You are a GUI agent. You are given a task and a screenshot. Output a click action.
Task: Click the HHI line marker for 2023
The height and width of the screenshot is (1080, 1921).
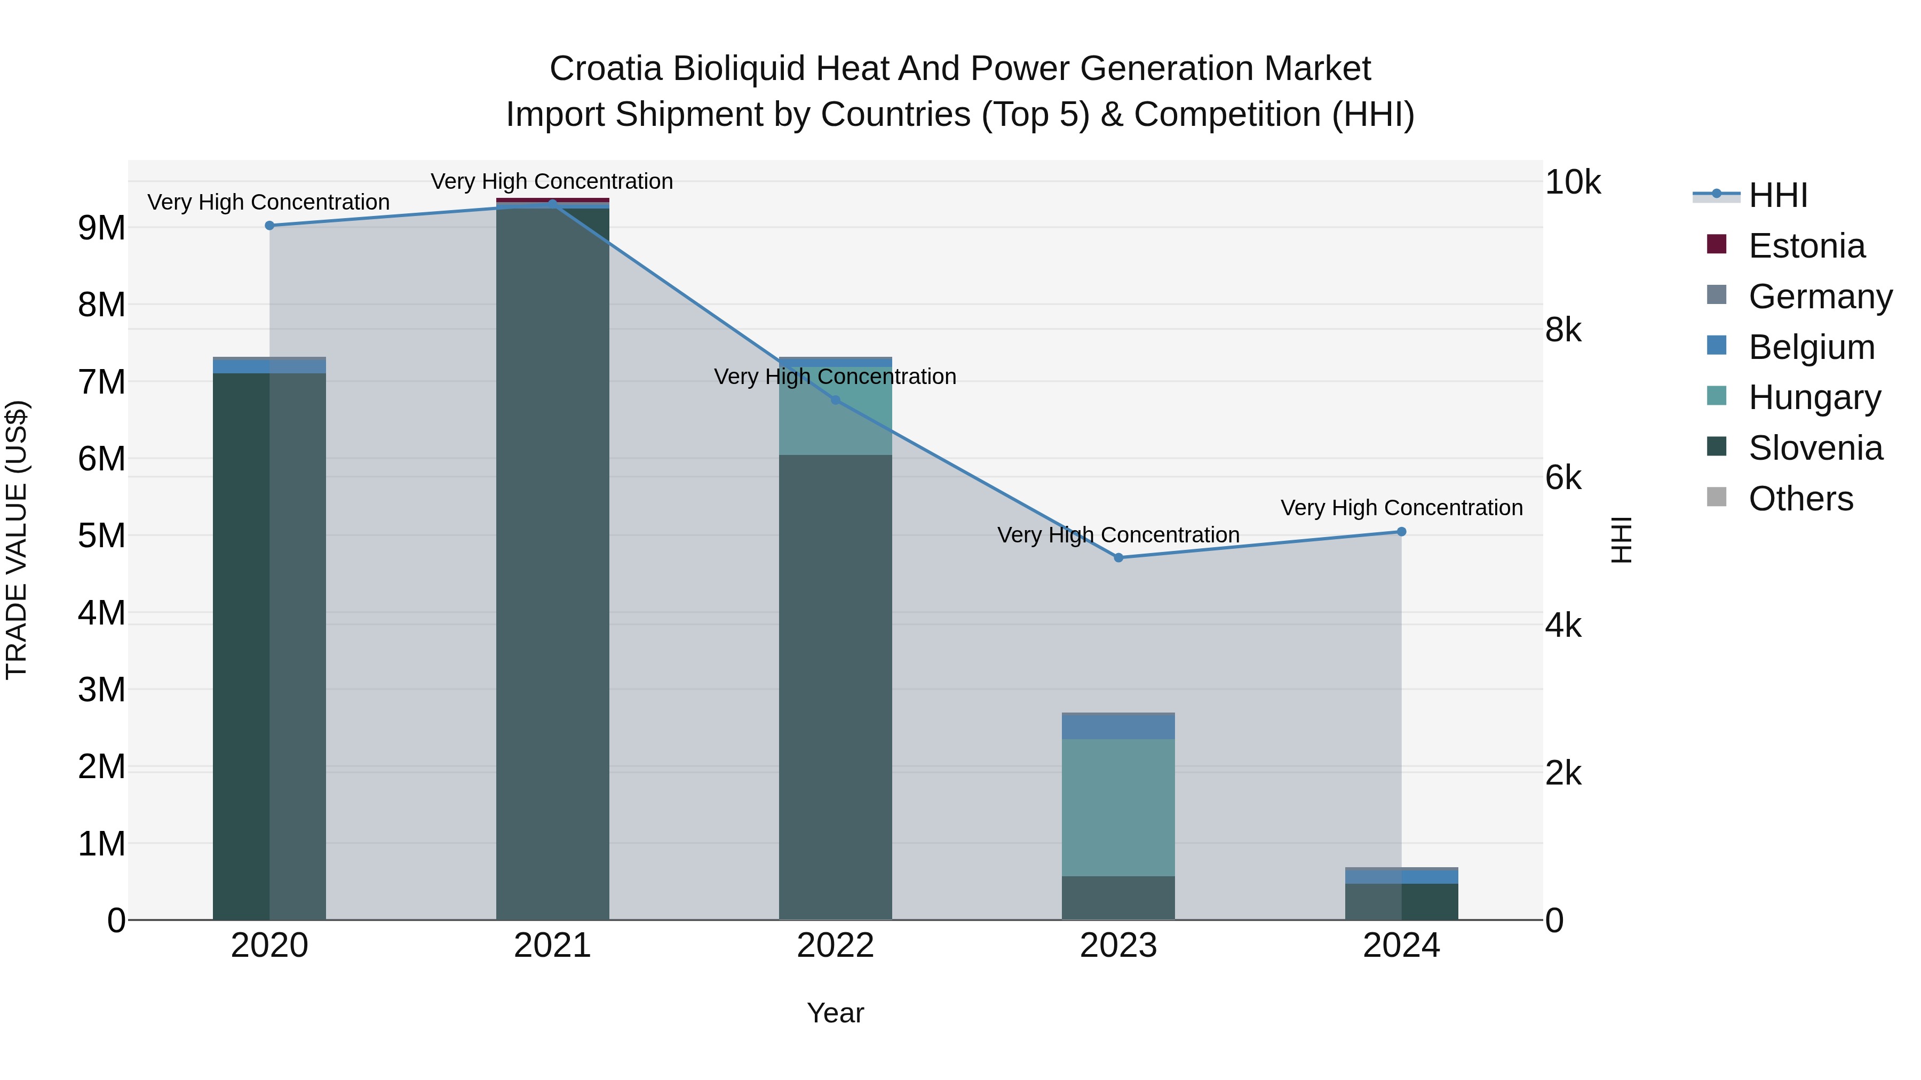point(1118,557)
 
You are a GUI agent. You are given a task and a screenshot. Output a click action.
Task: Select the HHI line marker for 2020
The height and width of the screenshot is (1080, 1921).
point(270,225)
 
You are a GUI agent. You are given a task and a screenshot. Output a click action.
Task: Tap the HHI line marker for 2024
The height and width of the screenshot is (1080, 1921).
point(1401,531)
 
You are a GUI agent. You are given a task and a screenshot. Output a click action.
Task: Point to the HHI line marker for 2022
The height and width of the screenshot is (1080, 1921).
point(835,400)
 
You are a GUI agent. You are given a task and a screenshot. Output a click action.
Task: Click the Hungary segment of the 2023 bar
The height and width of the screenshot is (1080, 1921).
point(1118,807)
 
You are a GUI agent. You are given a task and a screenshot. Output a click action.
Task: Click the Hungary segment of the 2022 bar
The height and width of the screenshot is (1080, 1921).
point(835,418)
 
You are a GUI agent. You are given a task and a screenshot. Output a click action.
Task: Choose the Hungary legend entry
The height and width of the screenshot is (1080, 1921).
point(1814,397)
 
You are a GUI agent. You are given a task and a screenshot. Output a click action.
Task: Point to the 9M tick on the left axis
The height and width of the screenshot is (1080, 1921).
point(101,228)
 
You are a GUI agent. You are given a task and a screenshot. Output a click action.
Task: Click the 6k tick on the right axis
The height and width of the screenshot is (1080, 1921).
point(1563,478)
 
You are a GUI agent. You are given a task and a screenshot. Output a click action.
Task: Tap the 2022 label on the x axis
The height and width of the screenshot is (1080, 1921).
point(835,946)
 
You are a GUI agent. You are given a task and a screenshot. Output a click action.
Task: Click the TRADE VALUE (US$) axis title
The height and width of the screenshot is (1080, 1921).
point(17,540)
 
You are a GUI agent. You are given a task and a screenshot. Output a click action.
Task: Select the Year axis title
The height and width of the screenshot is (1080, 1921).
point(835,1013)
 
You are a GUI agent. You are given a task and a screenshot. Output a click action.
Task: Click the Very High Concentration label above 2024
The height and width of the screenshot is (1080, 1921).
point(1401,508)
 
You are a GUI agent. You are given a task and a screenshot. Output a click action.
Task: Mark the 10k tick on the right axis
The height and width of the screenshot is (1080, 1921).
point(1572,182)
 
